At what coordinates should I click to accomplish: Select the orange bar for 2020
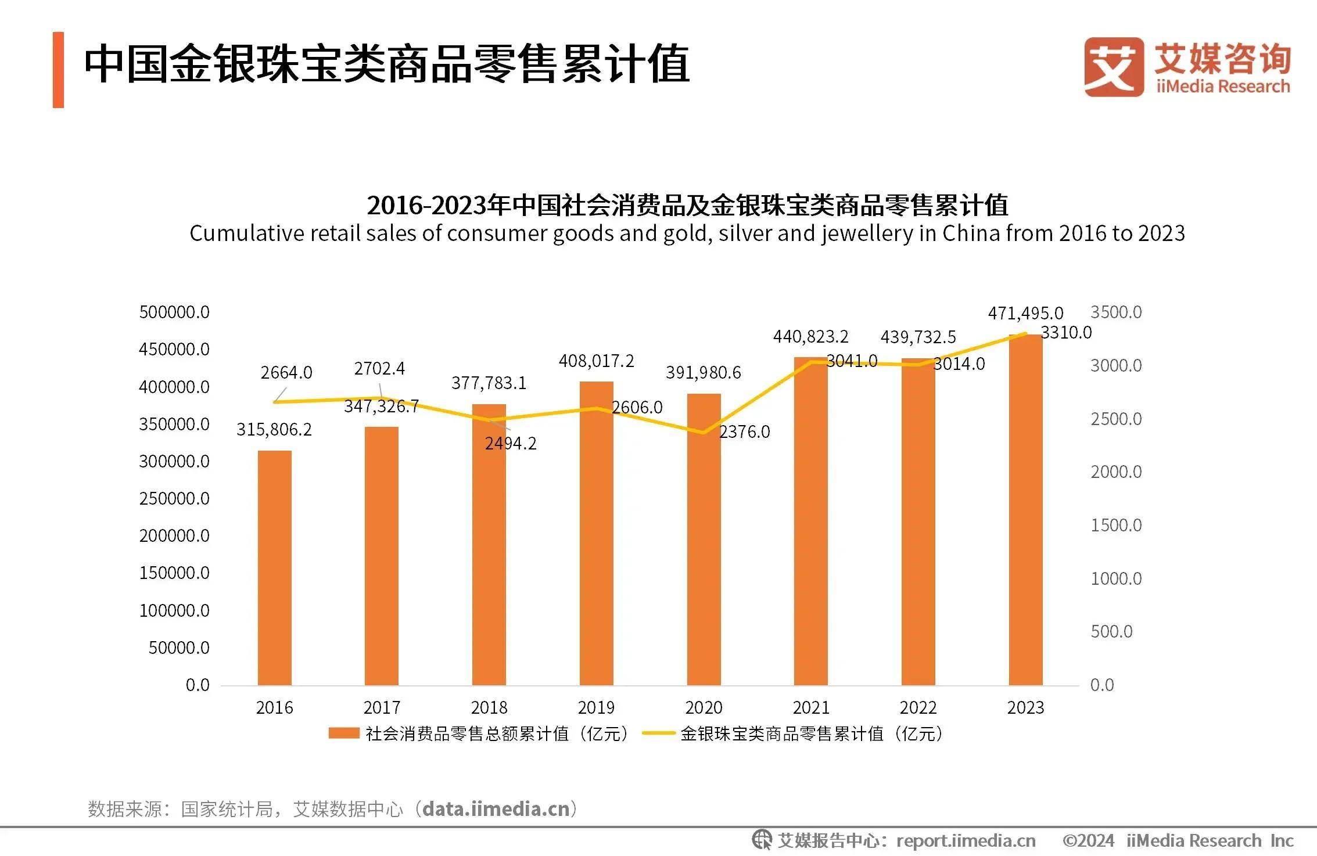(704, 540)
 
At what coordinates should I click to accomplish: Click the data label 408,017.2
(596, 361)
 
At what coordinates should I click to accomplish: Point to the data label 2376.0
(744, 432)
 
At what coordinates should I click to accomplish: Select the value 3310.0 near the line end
(1066, 333)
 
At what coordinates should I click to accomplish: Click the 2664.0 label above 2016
(286, 373)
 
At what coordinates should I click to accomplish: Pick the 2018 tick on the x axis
(489, 707)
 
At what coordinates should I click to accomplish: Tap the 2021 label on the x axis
(810, 707)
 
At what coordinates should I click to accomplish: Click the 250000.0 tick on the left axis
(174, 498)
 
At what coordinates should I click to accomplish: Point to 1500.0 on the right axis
(1115, 525)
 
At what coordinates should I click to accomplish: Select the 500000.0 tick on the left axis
(174, 312)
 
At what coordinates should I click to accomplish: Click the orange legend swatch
(343, 733)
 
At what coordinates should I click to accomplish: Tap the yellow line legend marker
(658, 733)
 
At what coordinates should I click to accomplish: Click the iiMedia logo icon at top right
(1113, 67)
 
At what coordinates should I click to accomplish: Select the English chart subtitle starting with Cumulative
(687, 233)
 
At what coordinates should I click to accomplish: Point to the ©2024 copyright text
(1088, 840)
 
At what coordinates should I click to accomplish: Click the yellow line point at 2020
(704, 433)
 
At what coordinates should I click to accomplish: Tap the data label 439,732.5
(918, 337)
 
